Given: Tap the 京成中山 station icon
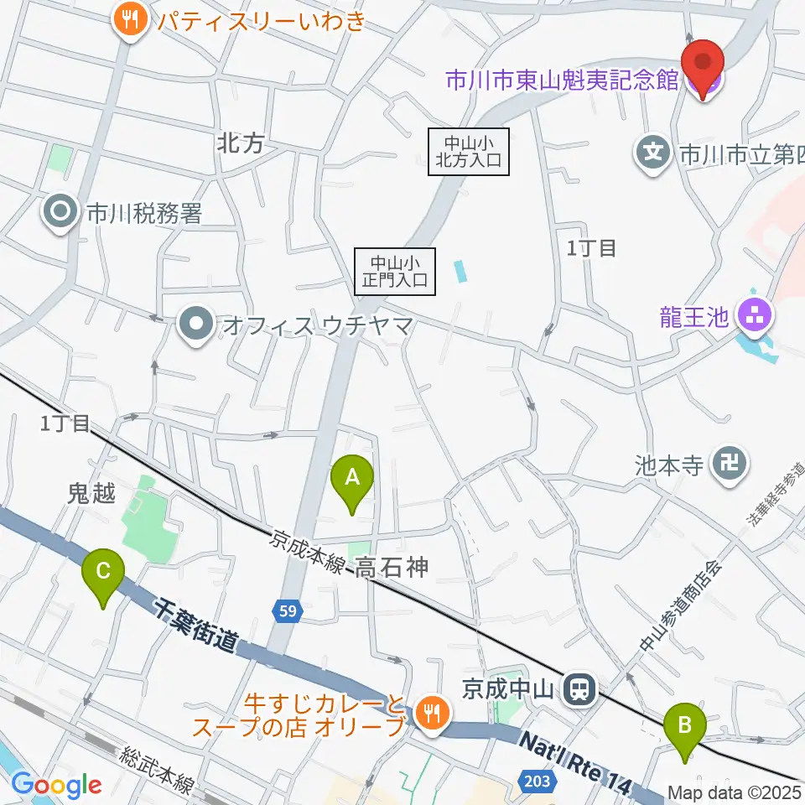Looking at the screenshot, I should coord(579,691).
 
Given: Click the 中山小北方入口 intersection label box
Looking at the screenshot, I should coord(469,151).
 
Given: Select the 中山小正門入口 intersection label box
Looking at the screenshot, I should coord(396,270).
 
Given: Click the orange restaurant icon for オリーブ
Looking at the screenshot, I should coord(433,714).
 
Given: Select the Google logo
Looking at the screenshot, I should coord(56,786).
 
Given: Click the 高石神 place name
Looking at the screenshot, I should coord(392,569).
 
